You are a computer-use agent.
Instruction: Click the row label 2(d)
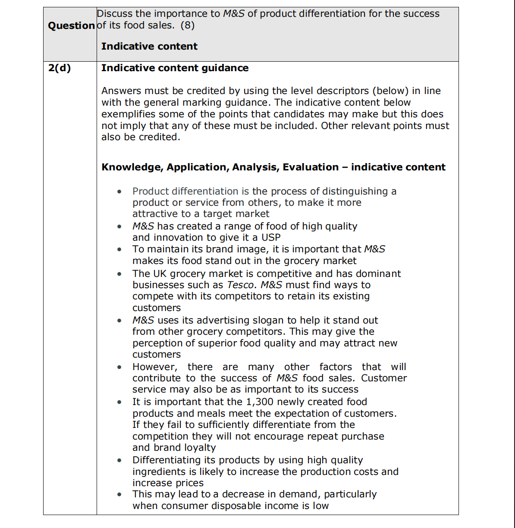[x=60, y=68]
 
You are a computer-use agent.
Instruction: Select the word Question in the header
[x=71, y=26]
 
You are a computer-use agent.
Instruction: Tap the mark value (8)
[x=188, y=25]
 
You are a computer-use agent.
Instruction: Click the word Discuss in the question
[x=116, y=14]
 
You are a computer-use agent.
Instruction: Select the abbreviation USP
[x=271, y=238]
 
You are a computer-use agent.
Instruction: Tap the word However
[x=154, y=367]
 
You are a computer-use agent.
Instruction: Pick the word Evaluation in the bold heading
[x=311, y=167]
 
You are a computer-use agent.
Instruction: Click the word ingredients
[x=159, y=472]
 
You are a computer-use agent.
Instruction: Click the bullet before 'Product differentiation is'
[x=119, y=192]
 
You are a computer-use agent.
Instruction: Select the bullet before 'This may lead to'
[x=119, y=494]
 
